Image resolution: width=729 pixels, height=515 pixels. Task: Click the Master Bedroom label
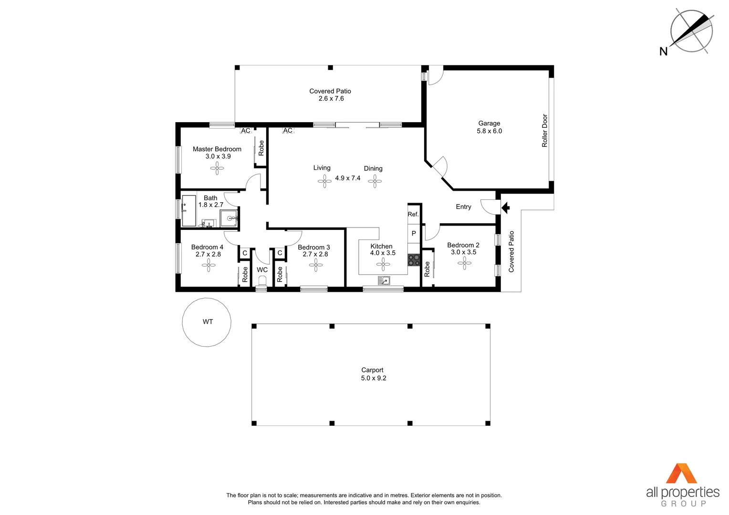coord(217,149)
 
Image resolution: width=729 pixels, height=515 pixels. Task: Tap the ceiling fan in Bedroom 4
coord(208,265)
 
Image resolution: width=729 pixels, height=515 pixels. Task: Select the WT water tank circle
coord(207,322)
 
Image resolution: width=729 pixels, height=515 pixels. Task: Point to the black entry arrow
coord(506,207)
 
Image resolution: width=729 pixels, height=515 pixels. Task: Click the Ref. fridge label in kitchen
coord(413,215)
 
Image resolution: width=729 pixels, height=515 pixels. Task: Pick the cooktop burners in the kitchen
coord(414,260)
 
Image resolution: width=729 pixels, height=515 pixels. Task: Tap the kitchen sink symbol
coord(384,280)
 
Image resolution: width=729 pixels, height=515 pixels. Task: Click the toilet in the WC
coord(262,281)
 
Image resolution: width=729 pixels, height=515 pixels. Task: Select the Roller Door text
coord(545,130)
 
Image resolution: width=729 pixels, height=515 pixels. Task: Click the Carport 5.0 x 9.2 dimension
coord(374,378)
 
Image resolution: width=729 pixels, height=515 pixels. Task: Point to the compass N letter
coord(663,51)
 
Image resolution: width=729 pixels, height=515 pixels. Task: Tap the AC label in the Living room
coord(288,131)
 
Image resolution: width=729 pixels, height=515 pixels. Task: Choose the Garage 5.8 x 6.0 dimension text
coord(489,131)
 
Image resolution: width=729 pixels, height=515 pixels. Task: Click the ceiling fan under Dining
coord(375,181)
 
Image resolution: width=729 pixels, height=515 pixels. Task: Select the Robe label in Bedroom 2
coord(427,268)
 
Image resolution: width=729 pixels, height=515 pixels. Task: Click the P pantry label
coord(414,234)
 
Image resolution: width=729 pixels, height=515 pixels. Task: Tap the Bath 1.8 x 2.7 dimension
coord(211,205)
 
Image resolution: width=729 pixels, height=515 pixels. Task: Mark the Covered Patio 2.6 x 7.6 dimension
coord(331,99)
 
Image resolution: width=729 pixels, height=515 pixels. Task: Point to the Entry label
coord(463,207)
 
